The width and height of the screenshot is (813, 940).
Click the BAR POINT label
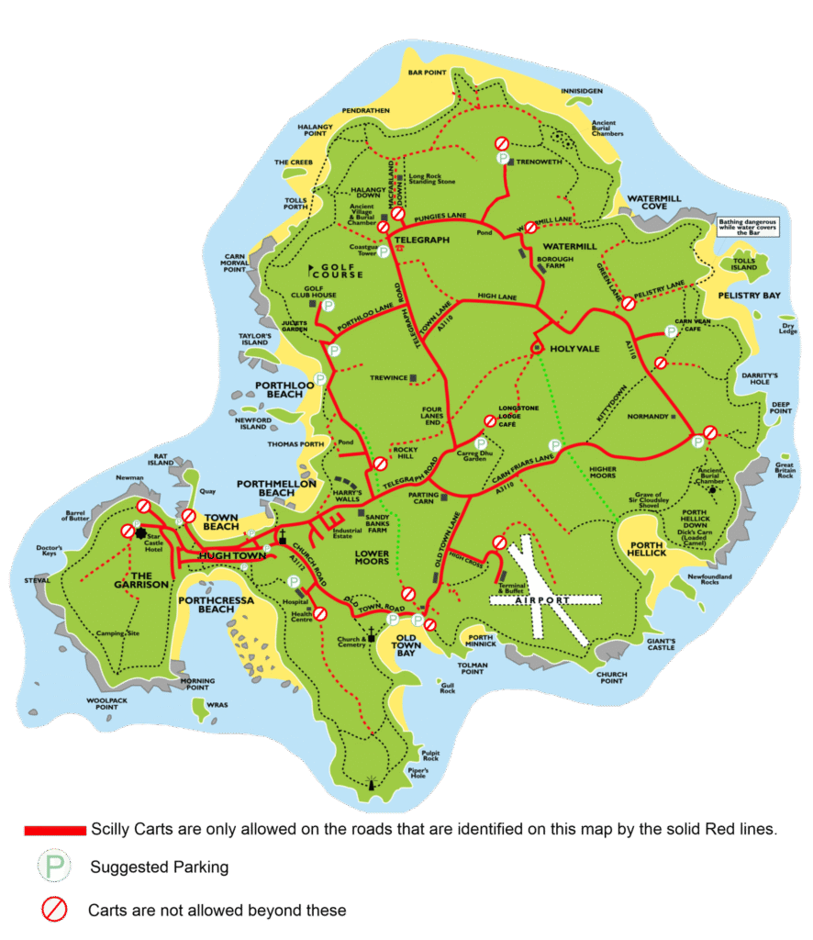pos(427,72)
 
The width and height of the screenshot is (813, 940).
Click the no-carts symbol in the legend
pos(54,910)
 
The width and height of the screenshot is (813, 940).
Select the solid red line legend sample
pos(54,830)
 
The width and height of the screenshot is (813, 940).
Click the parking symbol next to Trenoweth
pos(503,159)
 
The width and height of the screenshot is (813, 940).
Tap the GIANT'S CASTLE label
pos(660,643)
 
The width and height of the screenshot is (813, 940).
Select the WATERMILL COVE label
pos(659,202)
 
